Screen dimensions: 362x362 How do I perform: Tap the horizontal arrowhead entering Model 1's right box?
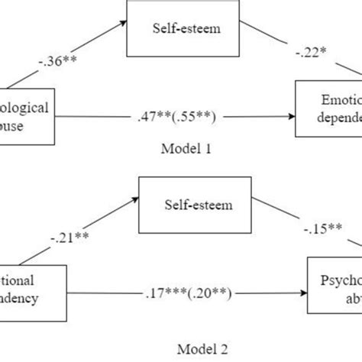pyautogui.click(x=292, y=117)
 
